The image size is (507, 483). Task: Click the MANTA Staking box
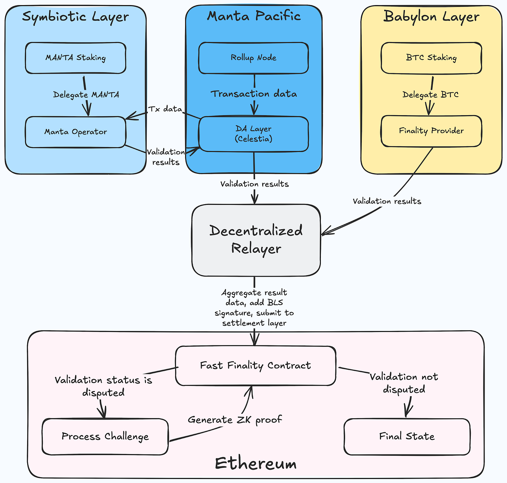(76, 58)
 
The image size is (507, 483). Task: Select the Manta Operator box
(76, 132)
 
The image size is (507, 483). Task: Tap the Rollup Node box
(253, 58)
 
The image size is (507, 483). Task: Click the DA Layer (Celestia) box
(253, 134)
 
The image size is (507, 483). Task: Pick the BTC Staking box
(431, 58)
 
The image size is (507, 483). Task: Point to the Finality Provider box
(431, 131)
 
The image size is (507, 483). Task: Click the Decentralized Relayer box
(256, 240)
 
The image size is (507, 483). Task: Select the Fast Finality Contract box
(256, 366)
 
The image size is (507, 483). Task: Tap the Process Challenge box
(105, 436)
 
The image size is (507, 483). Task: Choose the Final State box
(407, 436)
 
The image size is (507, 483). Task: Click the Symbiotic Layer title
(75, 17)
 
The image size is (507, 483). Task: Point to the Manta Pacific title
(254, 16)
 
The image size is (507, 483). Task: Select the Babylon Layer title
(431, 17)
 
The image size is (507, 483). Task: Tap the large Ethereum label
(256, 463)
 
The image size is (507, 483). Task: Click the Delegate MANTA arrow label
(86, 95)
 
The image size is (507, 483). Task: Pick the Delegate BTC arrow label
(431, 95)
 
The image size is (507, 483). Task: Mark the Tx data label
(165, 109)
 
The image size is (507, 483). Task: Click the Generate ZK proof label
(235, 420)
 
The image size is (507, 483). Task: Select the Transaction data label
(254, 94)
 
